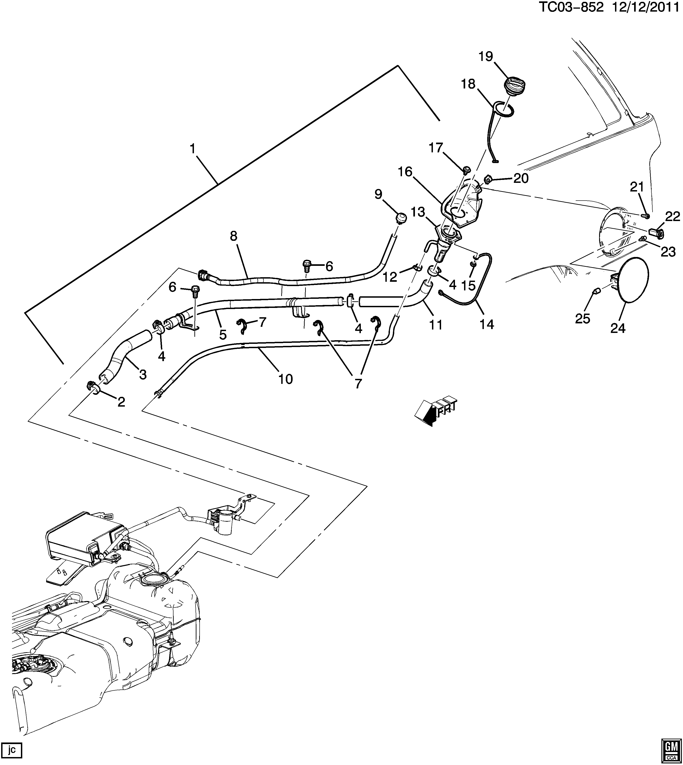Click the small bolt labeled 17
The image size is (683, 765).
467,170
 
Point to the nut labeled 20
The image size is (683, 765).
487,180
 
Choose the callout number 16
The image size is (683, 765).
405,172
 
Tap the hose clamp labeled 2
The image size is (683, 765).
95,387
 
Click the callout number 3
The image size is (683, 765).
143,374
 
